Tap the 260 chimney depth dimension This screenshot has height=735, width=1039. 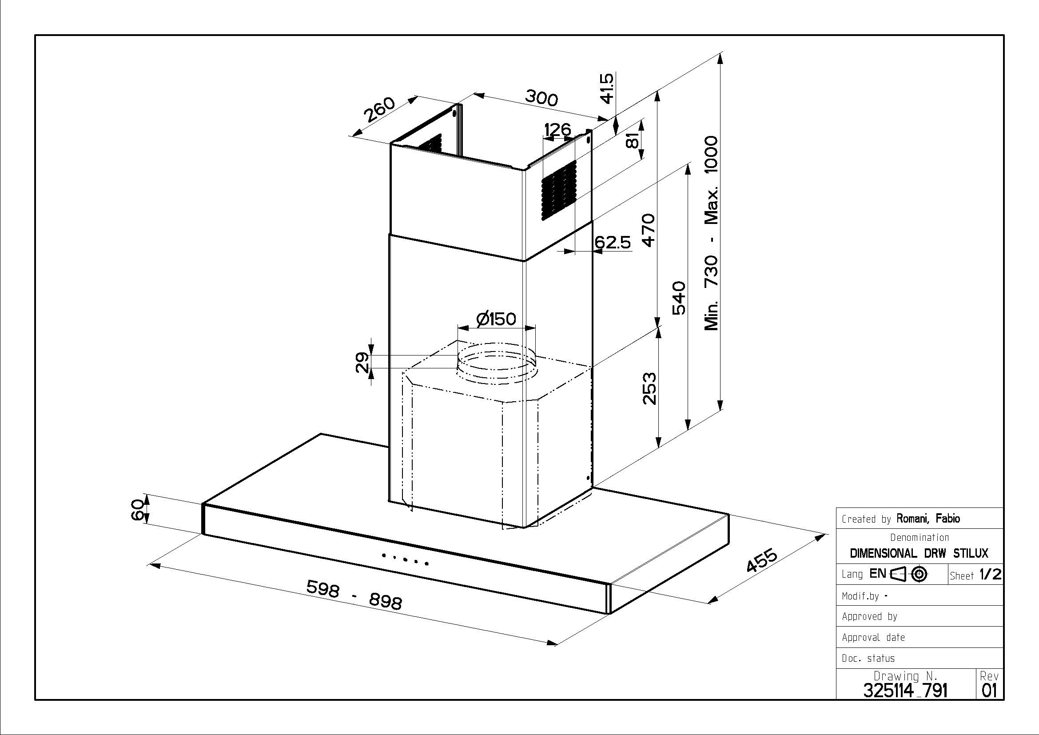click(381, 109)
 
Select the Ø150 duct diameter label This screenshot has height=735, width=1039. click(497, 319)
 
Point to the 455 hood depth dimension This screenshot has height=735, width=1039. click(762, 561)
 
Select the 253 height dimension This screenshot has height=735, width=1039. click(649, 388)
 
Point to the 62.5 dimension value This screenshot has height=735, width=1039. click(612, 243)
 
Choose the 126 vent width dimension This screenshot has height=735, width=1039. click(557, 130)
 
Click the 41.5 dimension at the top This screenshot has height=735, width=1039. click(607, 88)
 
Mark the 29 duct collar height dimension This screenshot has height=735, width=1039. click(362, 362)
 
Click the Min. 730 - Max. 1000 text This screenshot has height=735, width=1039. click(711, 233)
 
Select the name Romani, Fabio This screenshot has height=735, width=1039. click(928, 519)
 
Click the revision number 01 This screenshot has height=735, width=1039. click(989, 691)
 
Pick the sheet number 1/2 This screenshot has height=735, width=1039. click(990, 575)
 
